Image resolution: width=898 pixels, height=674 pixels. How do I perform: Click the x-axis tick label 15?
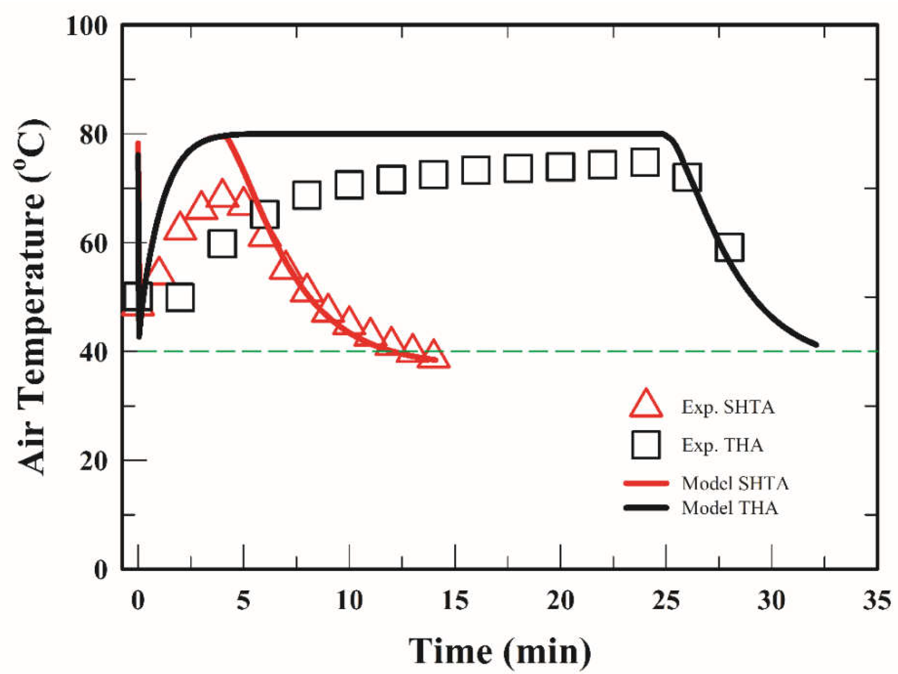[x=455, y=600]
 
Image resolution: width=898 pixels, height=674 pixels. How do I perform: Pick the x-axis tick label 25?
[x=666, y=600]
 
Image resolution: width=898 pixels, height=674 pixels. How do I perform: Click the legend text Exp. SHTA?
[x=727, y=407]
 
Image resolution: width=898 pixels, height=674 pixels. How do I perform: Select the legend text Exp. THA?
[x=722, y=445]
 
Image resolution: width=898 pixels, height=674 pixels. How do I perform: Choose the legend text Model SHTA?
[x=735, y=483]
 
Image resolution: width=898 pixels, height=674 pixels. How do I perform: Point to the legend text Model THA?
[x=729, y=508]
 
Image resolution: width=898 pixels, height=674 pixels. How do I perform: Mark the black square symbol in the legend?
[x=645, y=445]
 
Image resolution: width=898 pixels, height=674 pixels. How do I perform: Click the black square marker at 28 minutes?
[x=729, y=247]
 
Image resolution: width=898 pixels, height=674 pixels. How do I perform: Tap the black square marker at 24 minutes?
[x=645, y=162]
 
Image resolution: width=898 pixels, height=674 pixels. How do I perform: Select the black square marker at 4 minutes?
[x=222, y=244]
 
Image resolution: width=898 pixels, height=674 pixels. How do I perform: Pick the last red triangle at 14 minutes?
[x=434, y=356]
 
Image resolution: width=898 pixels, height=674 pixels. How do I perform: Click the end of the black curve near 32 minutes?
[x=816, y=345]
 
